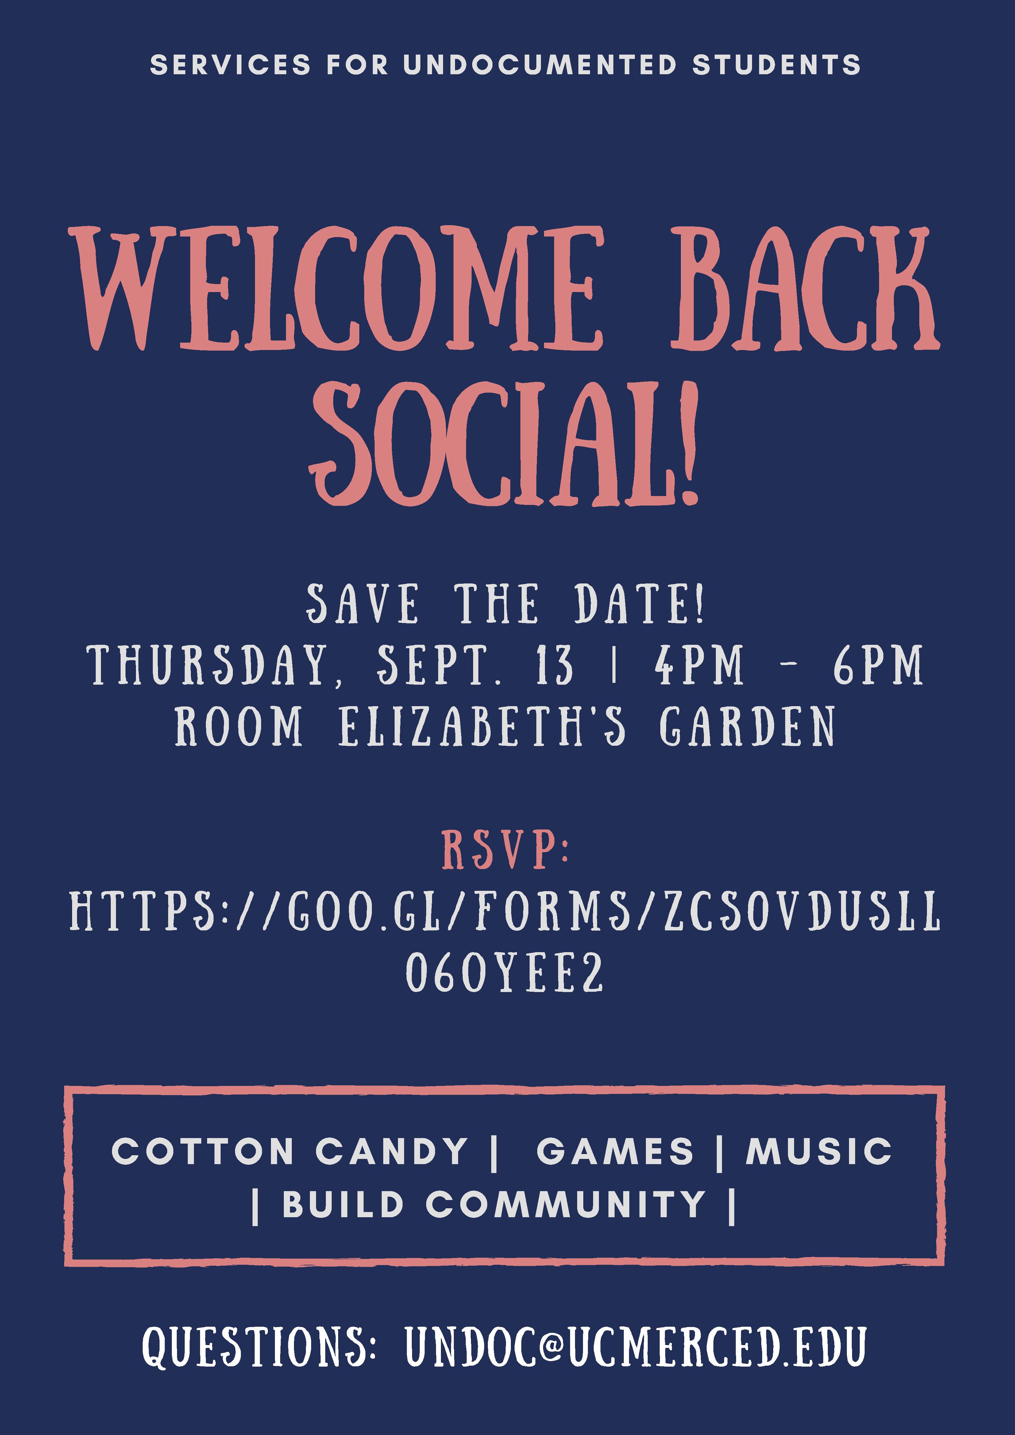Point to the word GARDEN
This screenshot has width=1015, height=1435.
pyautogui.click(x=747, y=726)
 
